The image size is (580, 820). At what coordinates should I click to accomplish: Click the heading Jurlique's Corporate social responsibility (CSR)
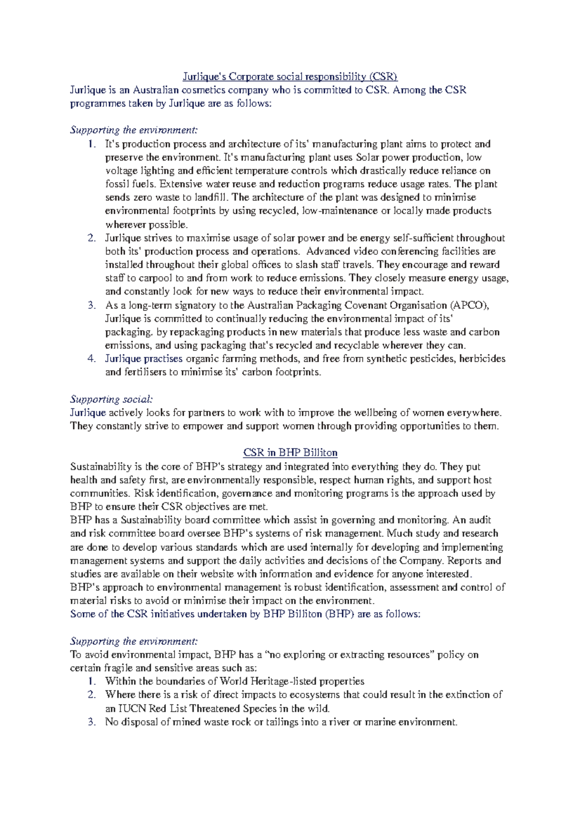(290, 76)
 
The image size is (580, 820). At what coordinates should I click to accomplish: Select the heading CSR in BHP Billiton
(290, 452)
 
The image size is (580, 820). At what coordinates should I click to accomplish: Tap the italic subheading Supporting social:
(111, 399)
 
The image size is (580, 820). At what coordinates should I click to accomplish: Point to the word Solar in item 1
(368, 157)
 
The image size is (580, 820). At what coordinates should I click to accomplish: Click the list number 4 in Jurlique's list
(91, 358)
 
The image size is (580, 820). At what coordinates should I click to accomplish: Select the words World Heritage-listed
(261, 681)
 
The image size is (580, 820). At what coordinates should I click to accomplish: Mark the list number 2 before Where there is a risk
(91, 694)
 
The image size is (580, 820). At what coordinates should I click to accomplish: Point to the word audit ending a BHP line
(479, 520)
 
